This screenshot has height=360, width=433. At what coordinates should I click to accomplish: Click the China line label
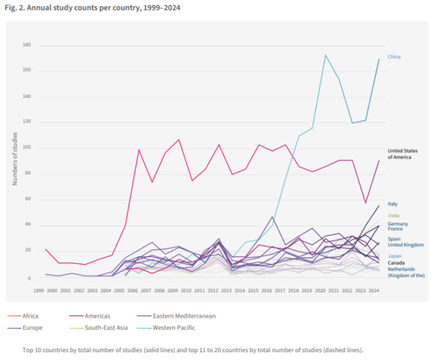coord(394,56)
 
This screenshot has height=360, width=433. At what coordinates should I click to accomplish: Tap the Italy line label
coord(393,204)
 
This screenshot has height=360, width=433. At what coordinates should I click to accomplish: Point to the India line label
coord(393,215)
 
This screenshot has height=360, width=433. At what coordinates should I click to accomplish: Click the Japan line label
coord(395,255)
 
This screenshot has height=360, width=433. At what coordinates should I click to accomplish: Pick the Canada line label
coord(396,263)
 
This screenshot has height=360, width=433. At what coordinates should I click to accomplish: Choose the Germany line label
coord(398,224)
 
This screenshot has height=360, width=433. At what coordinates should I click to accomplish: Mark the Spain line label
coord(394,238)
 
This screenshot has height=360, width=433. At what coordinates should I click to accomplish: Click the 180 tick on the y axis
coord(27,45)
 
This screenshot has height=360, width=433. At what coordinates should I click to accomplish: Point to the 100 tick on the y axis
coord(27,148)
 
